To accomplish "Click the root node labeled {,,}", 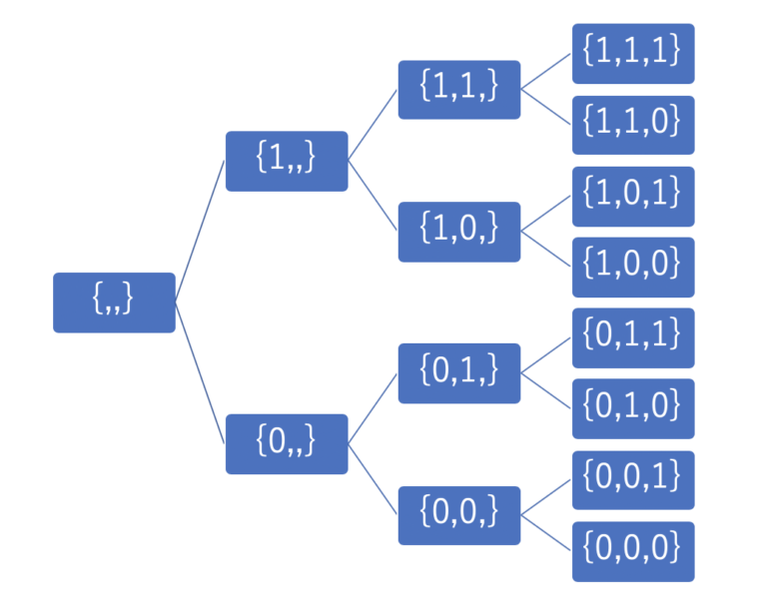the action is (x=114, y=303).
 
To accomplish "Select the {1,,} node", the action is (x=287, y=161).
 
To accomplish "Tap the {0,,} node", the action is (x=287, y=444).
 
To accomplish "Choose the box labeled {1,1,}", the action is (x=459, y=90).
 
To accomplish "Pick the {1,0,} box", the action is (x=459, y=232).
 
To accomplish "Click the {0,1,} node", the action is (x=459, y=373).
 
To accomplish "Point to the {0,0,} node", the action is (x=459, y=515).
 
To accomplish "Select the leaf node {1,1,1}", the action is (x=633, y=53).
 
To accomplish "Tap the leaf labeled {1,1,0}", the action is (x=633, y=125).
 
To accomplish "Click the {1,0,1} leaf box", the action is (x=633, y=197).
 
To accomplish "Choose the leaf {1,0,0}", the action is (x=633, y=268).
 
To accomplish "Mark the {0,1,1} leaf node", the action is (x=633, y=338).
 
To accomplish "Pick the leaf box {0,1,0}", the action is (x=633, y=408).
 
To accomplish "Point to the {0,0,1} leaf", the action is (x=633, y=480).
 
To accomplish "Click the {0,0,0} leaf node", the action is (x=633, y=552).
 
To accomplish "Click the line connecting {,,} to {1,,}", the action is (x=200, y=232).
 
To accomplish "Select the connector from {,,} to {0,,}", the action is (x=200, y=373).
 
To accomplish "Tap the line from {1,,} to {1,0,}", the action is (x=373, y=196).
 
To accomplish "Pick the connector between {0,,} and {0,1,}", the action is (x=373, y=409).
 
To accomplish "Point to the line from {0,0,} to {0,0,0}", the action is (x=546, y=533).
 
